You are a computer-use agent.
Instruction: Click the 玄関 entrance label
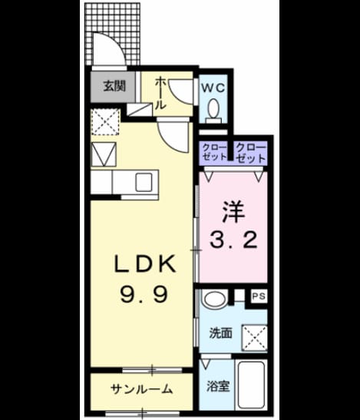click(114, 87)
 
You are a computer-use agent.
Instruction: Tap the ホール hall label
click(160, 93)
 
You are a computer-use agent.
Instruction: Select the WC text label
click(213, 88)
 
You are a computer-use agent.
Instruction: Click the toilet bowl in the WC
click(213, 110)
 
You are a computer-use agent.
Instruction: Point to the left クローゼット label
click(214, 152)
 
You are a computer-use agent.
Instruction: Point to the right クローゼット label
click(251, 153)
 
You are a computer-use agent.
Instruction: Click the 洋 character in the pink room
click(233, 211)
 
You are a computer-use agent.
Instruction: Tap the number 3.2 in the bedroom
click(233, 240)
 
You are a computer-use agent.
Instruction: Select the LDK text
click(145, 264)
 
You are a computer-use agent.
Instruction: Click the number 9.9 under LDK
click(144, 294)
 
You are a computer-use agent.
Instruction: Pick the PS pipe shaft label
click(259, 296)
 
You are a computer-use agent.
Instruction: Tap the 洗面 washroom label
click(220, 333)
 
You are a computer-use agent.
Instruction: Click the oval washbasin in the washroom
click(214, 299)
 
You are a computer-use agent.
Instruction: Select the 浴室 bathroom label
click(218, 386)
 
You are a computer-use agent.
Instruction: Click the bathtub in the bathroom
click(251, 385)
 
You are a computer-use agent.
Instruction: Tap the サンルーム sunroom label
click(141, 389)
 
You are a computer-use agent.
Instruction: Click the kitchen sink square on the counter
click(144, 183)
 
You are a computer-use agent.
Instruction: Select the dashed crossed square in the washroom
click(254, 338)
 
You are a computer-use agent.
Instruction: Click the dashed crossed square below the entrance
click(105, 122)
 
